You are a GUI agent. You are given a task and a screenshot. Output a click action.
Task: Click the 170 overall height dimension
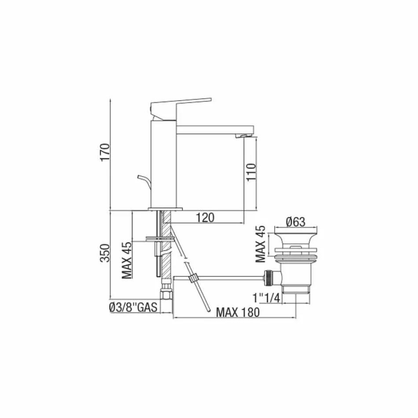point(104,152)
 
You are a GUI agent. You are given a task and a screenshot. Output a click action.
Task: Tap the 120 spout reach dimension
point(205,217)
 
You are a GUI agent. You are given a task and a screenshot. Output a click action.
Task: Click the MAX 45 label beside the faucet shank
point(127,260)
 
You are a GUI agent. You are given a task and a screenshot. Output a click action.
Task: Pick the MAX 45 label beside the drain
point(261,244)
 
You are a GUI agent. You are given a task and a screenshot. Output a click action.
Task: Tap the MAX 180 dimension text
point(238,312)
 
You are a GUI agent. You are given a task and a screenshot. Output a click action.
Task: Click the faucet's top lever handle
point(183,102)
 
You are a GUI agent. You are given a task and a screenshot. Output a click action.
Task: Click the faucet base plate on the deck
point(165,208)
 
